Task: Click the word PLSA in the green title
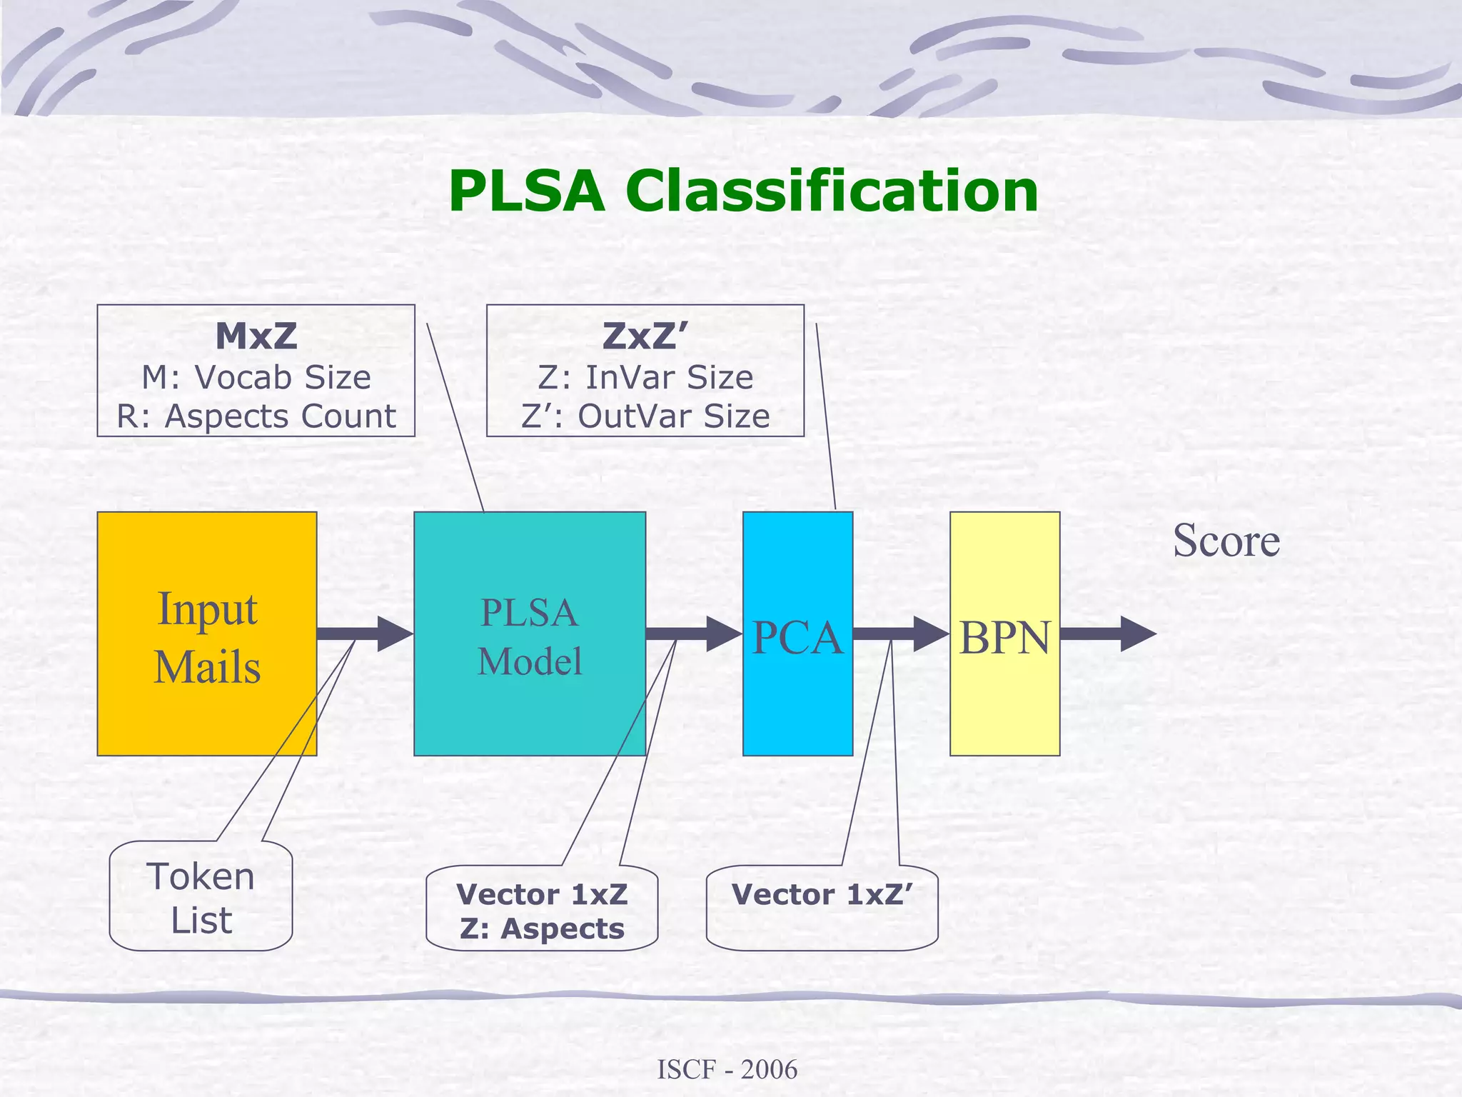pos(526,191)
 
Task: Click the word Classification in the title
pos(832,191)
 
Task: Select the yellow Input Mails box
pos(206,633)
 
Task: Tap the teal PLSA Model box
pos(529,633)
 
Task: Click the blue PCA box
pos(797,633)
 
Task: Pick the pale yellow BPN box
pos(1004,633)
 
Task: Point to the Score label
pos(1226,541)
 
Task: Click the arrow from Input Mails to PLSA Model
pos(364,633)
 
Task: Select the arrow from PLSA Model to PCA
pos(692,633)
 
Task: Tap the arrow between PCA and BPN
pos(899,633)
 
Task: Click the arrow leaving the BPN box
pos(1106,633)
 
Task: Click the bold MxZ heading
pos(256,336)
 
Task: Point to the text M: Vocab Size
pos(256,377)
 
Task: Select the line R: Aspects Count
pos(256,416)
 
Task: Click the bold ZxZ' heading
pos(645,336)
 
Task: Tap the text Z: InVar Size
pos(645,377)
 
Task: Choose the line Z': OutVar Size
pos(645,416)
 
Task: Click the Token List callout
pos(201,897)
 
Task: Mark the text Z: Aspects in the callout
pos(542,928)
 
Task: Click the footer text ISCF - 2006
pos(727,1069)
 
